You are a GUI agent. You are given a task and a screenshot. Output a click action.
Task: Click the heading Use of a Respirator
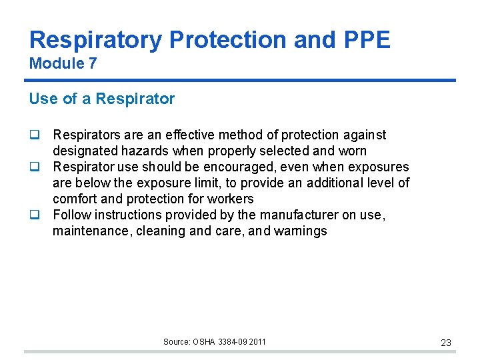(101, 99)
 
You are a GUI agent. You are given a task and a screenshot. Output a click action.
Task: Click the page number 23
(446, 343)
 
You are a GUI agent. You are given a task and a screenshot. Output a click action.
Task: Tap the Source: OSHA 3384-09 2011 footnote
(214, 342)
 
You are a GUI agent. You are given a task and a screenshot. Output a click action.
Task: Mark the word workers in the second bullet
(231, 199)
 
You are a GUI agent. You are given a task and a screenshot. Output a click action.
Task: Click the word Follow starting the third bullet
(71, 215)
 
